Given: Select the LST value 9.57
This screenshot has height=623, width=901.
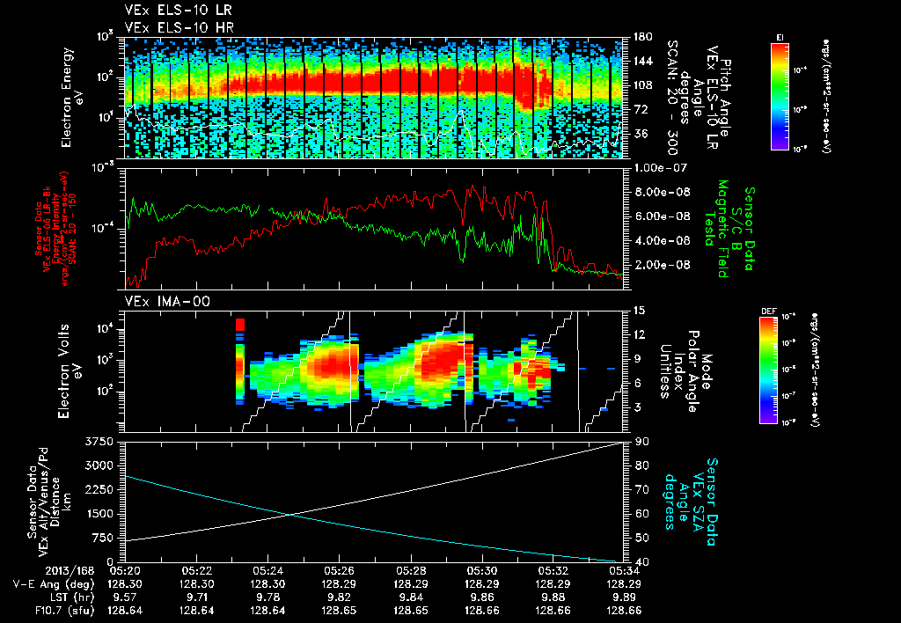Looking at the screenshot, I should pos(127,595).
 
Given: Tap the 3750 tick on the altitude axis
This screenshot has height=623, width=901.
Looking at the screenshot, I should pos(103,440).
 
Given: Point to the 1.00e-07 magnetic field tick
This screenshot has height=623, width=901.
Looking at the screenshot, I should pos(659,167).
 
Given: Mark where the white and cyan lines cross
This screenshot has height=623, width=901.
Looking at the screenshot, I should pos(293,515).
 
